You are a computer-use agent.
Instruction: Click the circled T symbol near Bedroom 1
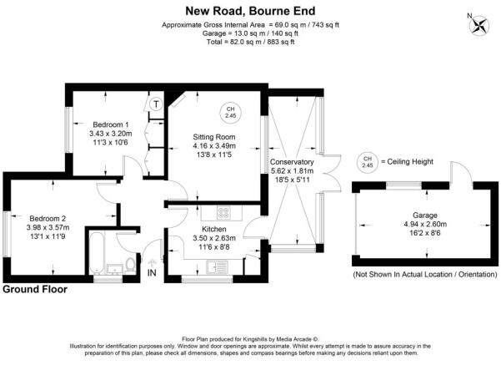[156, 104]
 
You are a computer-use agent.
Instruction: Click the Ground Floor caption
[34, 289]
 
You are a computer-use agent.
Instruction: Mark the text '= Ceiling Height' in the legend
[407, 161]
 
